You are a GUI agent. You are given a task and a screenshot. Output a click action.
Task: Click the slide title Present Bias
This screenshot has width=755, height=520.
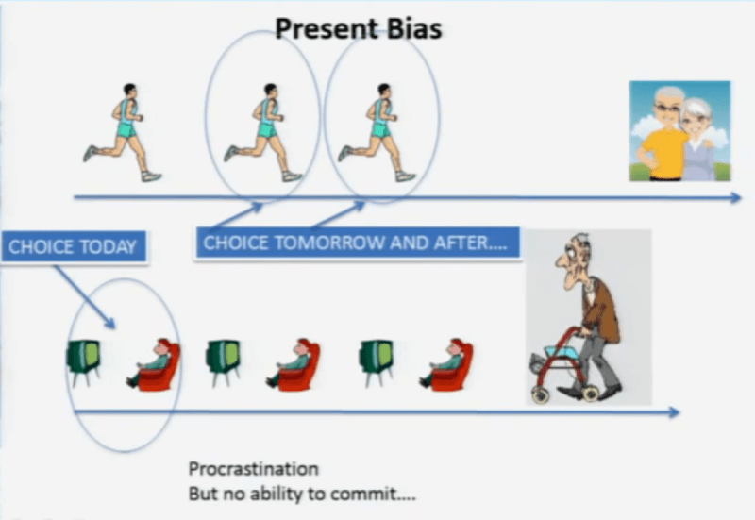click(358, 29)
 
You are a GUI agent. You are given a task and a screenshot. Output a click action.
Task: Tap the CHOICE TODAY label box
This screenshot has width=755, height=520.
click(73, 247)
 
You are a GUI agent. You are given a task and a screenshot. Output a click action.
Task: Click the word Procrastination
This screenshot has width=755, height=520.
click(253, 469)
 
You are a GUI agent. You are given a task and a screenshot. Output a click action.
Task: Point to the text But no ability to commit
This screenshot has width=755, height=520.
click(301, 494)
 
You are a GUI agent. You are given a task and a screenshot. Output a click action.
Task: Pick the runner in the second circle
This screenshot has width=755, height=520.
click(378, 132)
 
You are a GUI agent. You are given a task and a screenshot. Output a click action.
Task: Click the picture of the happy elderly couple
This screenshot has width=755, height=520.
click(679, 131)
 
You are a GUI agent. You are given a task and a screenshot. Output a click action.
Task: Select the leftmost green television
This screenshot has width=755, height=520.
click(83, 361)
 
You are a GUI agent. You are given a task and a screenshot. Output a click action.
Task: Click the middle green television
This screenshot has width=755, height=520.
click(223, 361)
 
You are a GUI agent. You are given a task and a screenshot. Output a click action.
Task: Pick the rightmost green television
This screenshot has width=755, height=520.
click(376, 361)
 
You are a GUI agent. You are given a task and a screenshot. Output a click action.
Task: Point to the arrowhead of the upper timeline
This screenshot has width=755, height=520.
click(735, 198)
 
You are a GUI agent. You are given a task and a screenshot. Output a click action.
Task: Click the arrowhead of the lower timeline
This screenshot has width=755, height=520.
click(672, 412)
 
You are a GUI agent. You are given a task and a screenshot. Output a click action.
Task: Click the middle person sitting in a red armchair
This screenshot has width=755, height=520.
click(296, 364)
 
